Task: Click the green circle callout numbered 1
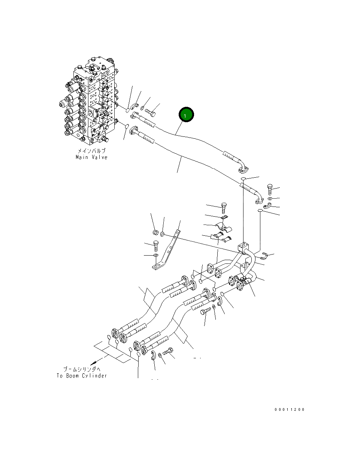(x=186, y=115)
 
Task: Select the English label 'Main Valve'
(x=91, y=157)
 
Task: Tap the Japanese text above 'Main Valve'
(x=91, y=151)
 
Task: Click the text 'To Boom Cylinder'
(x=82, y=376)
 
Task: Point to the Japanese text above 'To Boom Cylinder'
(x=82, y=370)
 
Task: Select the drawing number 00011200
(x=290, y=409)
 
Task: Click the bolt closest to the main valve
(x=151, y=111)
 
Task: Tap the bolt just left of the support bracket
(x=155, y=245)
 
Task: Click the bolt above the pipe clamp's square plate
(x=224, y=207)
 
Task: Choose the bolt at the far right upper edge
(x=270, y=189)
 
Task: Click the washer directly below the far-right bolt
(x=270, y=198)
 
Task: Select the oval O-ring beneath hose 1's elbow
(x=243, y=179)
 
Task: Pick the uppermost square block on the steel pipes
(x=243, y=247)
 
